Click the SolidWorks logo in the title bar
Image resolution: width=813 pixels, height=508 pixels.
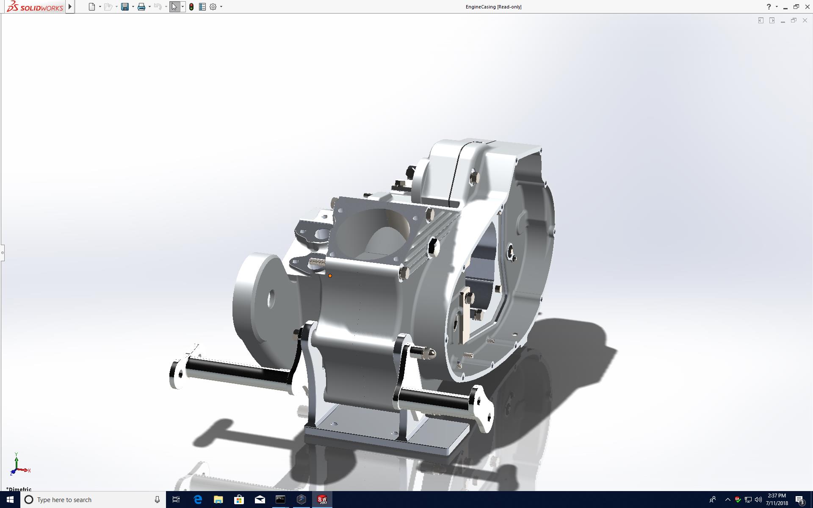35,6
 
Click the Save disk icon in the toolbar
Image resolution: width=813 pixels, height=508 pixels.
124,7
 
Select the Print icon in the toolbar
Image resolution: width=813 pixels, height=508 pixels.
141,7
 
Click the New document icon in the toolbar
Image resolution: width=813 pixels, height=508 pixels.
92,7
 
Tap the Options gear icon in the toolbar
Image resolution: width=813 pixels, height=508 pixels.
213,7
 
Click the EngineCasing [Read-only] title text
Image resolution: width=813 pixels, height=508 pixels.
493,7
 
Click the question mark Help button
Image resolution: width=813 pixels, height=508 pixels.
769,7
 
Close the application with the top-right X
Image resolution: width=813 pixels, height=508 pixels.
807,7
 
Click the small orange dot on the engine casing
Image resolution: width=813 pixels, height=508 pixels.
330,276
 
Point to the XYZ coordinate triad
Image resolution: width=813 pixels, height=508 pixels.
19,465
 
